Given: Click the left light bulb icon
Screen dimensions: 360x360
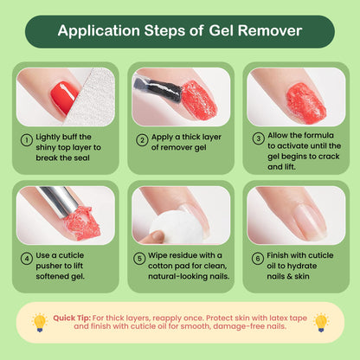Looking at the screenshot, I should coord(38,322).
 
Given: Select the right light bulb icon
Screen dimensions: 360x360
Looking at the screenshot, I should coord(320,322).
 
